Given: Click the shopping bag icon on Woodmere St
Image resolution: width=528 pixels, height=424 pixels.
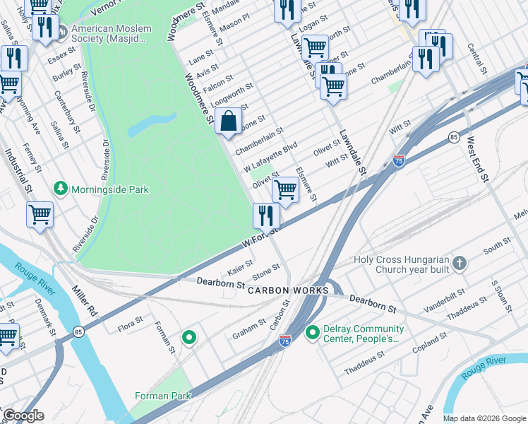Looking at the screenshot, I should (229, 122).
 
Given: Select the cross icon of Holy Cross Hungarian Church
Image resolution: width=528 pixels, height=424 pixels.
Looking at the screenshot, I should (460, 264).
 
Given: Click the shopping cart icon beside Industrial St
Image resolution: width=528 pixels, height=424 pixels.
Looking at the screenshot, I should (40, 213).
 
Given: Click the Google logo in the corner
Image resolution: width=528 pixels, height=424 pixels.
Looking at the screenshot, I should (23, 416).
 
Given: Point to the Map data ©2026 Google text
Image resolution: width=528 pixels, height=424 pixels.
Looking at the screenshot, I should (484, 418).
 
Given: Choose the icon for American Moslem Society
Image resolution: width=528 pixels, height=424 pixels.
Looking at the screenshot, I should (61, 32).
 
